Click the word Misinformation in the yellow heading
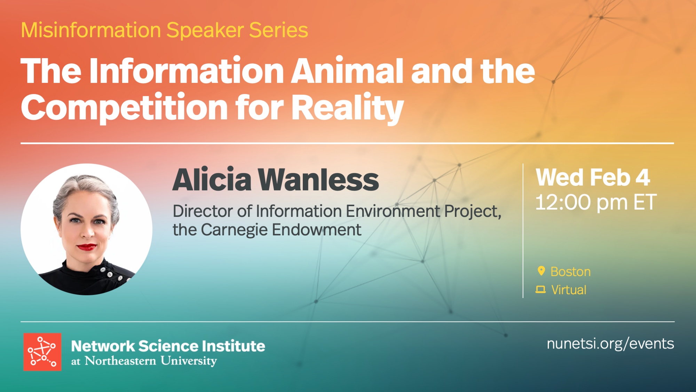point(91,30)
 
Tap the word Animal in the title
point(347,71)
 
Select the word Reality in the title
point(347,108)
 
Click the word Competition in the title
point(125,108)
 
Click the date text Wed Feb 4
point(593,178)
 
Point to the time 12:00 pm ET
point(596,203)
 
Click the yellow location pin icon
point(541,271)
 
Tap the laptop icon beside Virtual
point(540,290)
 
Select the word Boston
point(570,272)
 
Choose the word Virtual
point(569,290)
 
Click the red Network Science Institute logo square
point(42,352)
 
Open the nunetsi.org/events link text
point(610,344)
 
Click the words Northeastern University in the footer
point(151,361)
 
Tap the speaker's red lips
point(87,247)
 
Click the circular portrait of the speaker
point(86,229)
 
